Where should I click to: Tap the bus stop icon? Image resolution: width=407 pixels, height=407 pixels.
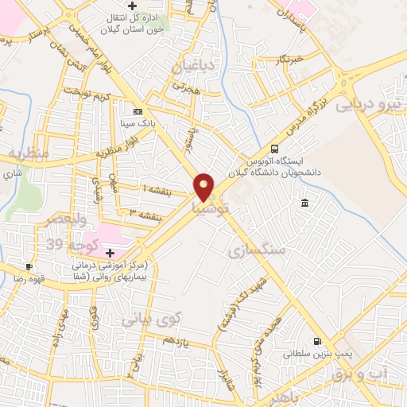[x=275, y=148]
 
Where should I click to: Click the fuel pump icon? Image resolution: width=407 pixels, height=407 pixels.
[x=319, y=343]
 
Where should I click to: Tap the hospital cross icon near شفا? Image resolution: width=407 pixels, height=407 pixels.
[x=109, y=253]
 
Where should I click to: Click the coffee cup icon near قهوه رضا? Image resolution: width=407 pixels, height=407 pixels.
[x=29, y=267]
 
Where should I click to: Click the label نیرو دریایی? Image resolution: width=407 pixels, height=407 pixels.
[x=370, y=104]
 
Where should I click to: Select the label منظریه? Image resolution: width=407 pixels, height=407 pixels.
[x=29, y=151]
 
